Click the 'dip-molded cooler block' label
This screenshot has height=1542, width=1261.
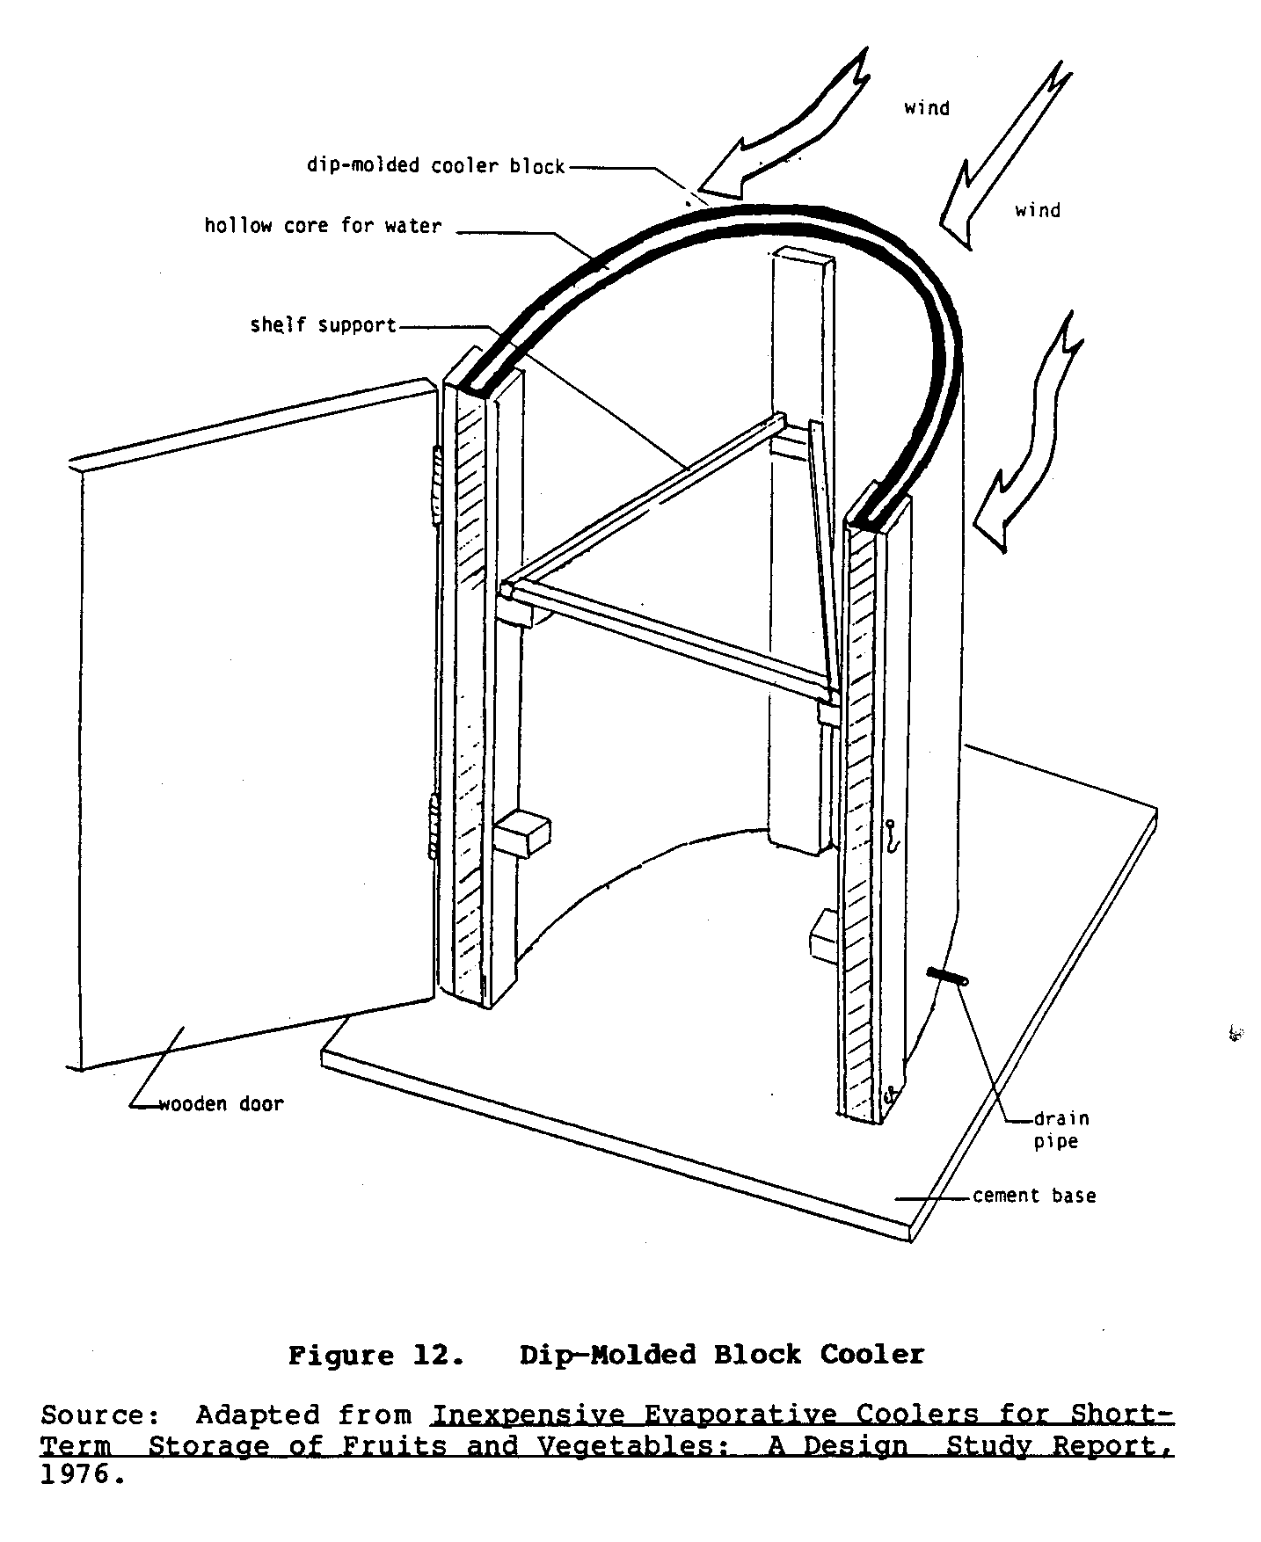coord(435,166)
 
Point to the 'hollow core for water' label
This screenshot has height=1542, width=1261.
coord(323,226)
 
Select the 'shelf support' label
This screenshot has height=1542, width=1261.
coord(323,325)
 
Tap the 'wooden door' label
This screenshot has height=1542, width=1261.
coord(221,1104)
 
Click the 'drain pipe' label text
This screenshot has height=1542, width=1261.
coord(1061,1130)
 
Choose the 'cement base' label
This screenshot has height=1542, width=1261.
coord(1034,1196)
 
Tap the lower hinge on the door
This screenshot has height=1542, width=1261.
coord(433,826)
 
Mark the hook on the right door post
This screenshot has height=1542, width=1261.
coord(891,835)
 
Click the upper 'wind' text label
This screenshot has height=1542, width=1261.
coord(927,108)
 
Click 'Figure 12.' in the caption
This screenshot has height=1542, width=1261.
coord(375,1355)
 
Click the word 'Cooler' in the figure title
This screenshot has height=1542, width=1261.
coord(872,1355)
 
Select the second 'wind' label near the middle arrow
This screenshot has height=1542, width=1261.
coord(1038,210)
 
